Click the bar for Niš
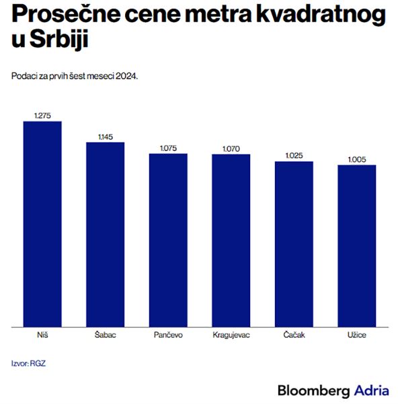click(42, 224)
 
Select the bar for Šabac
click(105, 235)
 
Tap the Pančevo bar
click(168, 240)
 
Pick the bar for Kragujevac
click(231, 241)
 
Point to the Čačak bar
click(294, 244)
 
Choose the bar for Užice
click(357, 246)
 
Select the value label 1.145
click(105, 137)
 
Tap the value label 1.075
click(168, 148)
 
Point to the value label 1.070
click(231, 149)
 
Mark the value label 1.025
click(294, 156)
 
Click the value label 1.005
click(357, 159)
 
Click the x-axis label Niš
click(42, 335)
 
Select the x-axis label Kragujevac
click(231, 335)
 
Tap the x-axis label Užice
click(357, 335)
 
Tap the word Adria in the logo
click(371, 390)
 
